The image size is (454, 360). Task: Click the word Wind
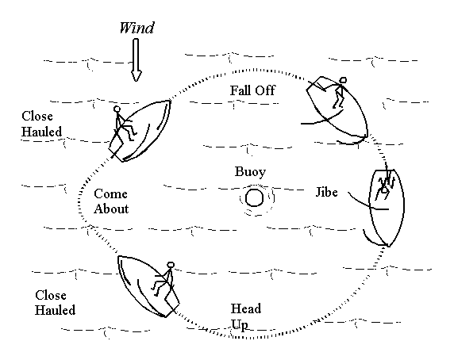[137, 28]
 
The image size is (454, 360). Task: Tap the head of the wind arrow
[136, 76]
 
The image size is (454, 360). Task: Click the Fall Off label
[252, 90]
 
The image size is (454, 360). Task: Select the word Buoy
[250, 172]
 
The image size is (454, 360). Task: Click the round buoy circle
[254, 197]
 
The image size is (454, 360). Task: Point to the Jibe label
[326, 192]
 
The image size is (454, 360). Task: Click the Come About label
[111, 201]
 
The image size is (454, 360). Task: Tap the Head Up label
[246, 316]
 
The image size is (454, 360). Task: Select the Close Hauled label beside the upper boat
[42, 124]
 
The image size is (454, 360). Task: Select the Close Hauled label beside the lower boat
[55, 302]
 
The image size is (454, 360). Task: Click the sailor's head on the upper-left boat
[117, 109]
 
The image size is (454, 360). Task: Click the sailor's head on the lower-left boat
[171, 265]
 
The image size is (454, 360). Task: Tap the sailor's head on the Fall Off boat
[343, 80]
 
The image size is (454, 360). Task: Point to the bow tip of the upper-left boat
[169, 101]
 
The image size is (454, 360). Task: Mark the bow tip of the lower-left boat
[118, 256]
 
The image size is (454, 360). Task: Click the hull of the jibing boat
[387, 208]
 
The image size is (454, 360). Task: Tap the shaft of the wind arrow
[136, 55]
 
